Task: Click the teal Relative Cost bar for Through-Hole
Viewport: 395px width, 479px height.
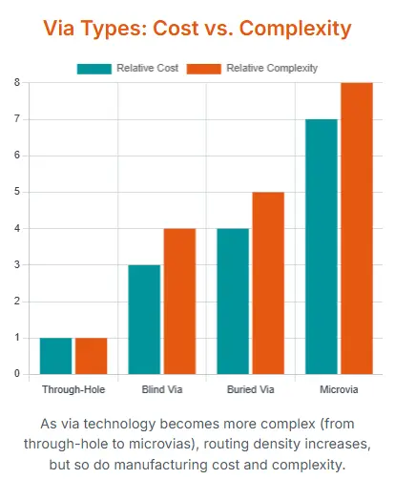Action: [55, 355]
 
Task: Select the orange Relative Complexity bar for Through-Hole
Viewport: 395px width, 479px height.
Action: [92, 355]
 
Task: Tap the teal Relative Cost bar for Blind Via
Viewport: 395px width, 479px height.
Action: [144, 319]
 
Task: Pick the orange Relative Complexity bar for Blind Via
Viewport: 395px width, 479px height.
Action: [179, 301]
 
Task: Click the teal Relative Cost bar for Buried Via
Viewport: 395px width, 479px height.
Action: [233, 301]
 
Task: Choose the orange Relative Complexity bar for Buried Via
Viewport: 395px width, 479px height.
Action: [268, 282]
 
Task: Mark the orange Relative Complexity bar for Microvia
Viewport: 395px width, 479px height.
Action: [356, 228]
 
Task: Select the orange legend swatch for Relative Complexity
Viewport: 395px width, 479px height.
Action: [205, 68]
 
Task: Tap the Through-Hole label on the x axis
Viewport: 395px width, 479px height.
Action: [73, 390]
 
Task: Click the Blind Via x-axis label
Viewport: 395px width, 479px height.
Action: [162, 390]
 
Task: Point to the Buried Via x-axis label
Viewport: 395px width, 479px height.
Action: [250, 390]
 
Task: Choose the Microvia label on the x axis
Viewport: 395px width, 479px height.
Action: [339, 390]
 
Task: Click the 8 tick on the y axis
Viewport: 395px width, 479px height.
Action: [16, 83]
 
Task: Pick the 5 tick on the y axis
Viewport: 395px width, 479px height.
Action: [16, 192]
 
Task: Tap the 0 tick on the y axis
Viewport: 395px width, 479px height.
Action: [16, 374]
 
